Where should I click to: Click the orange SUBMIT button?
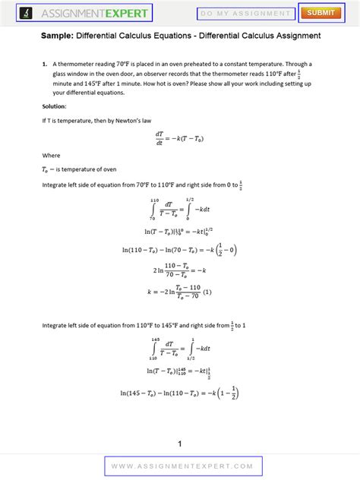coord(321,13)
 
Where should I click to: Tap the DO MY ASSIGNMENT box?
coord(246,14)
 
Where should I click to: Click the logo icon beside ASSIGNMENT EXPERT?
coord(27,13)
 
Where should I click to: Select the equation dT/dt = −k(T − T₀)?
coord(179,138)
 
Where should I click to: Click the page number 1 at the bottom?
coord(180,444)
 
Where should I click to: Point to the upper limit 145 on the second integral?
coord(155,339)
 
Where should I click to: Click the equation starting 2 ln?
coord(179,270)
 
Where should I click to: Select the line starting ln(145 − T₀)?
coord(179,393)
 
